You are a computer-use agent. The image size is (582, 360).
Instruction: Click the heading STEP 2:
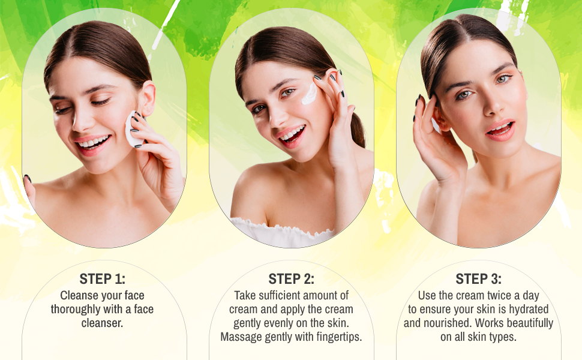tap(291, 279)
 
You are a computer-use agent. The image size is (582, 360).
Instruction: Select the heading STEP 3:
tap(478, 279)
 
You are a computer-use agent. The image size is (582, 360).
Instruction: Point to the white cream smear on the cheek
tap(310, 94)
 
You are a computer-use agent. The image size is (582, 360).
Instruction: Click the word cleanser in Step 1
tap(102, 323)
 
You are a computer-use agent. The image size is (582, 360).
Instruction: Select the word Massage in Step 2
tap(242, 337)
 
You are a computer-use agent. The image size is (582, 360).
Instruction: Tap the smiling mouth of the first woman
tap(94, 143)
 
